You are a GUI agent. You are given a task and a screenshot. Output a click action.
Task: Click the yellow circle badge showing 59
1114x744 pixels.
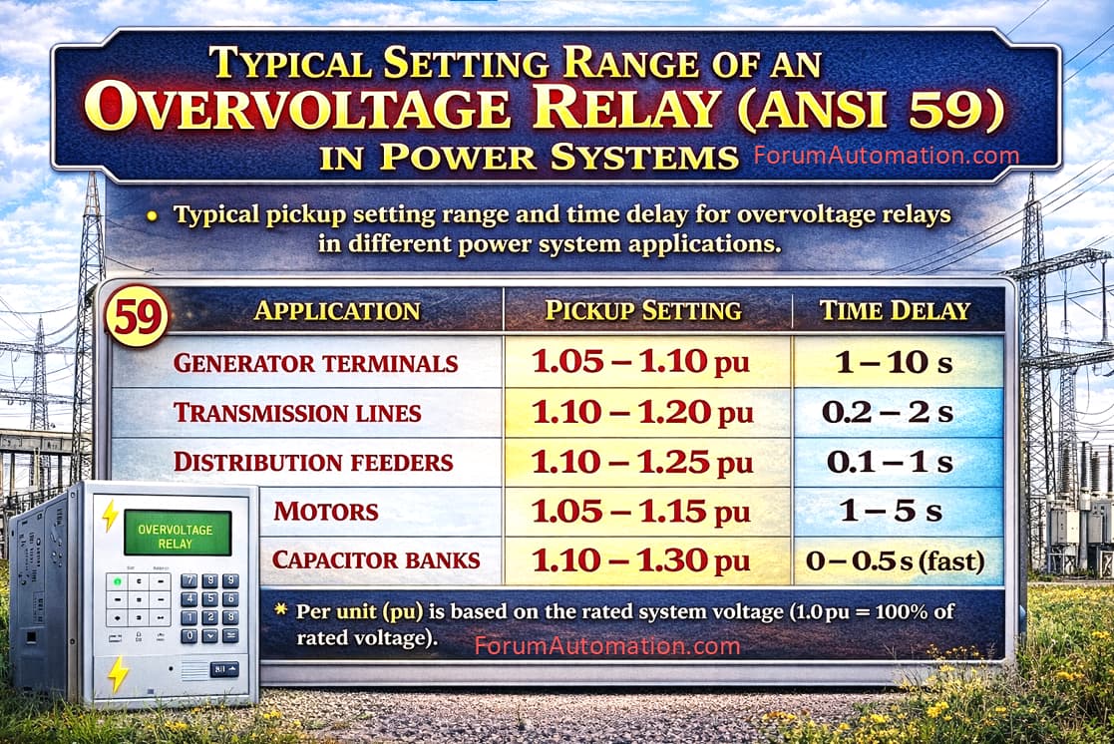(x=137, y=316)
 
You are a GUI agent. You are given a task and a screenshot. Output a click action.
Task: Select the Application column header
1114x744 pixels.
(x=337, y=310)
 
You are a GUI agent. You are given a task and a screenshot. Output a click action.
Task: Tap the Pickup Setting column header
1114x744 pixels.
(x=643, y=310)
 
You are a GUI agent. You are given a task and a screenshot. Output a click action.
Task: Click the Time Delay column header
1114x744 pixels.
(x=895, y=310)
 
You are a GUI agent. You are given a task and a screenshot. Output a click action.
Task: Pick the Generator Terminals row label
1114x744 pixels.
(x=315, y=363)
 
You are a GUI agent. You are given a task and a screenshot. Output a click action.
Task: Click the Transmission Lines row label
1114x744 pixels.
(x=297, y=412)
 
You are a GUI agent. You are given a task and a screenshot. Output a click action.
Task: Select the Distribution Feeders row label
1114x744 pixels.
(x=313, y=462)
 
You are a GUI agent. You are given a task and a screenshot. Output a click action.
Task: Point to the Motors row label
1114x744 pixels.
(x=326, y=511)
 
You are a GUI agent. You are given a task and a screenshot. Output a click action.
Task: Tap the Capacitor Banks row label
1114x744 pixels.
(x=376, y=559)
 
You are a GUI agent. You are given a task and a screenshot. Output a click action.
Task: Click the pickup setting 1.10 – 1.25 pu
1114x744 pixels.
(x=641, y=463)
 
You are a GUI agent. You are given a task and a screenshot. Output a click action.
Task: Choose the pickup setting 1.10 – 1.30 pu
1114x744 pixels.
(x=641, y=560)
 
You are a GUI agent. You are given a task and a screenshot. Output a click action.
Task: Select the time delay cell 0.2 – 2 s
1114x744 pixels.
(x=888, y=412)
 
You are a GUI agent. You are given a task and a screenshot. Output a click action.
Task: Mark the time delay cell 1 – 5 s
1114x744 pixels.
(x=891, y=511)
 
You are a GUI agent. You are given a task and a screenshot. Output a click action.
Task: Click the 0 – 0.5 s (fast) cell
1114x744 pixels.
(x=896, y=560)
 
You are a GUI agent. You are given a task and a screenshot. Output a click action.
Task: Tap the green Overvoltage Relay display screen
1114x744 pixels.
(x=178, y=533)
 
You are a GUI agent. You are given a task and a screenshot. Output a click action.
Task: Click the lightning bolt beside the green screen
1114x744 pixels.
(x=110, y=516)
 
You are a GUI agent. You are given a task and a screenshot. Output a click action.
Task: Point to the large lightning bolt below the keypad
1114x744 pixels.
(x=118, y=673)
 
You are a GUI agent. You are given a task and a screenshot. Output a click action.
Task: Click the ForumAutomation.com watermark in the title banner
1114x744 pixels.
(x=886, y=155)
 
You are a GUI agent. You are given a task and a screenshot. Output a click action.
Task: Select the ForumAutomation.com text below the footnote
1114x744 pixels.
(x=607, y=645)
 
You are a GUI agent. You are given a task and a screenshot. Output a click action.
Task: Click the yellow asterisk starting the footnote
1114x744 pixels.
(x=281, y=609)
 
